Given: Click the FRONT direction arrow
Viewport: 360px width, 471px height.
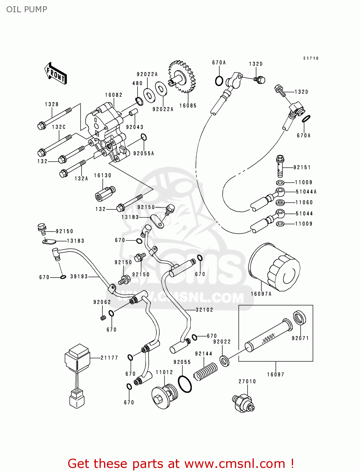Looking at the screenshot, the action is coord(55,73).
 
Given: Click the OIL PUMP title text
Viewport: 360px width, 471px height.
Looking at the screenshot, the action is coord(27,9).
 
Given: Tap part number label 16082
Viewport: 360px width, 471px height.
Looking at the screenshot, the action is coord(113,95).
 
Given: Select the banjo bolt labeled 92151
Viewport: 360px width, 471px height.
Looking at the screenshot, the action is coord(280,166).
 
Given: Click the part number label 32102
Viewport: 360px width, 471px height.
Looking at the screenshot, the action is coord(204,310).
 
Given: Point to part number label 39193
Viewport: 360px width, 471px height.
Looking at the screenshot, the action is coord(79,277).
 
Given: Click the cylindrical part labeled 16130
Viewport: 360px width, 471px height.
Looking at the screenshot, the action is coord(105,194).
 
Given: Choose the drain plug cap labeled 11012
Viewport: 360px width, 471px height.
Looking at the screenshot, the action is coord(164,397).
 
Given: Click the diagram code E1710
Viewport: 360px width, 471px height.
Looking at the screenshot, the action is coord(311,58).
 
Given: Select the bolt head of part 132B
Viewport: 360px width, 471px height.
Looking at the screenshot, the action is coord(41,126).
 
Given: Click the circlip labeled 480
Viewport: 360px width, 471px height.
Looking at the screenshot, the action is coord(139,101).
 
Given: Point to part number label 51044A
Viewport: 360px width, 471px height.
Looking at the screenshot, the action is coord(306,192).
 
